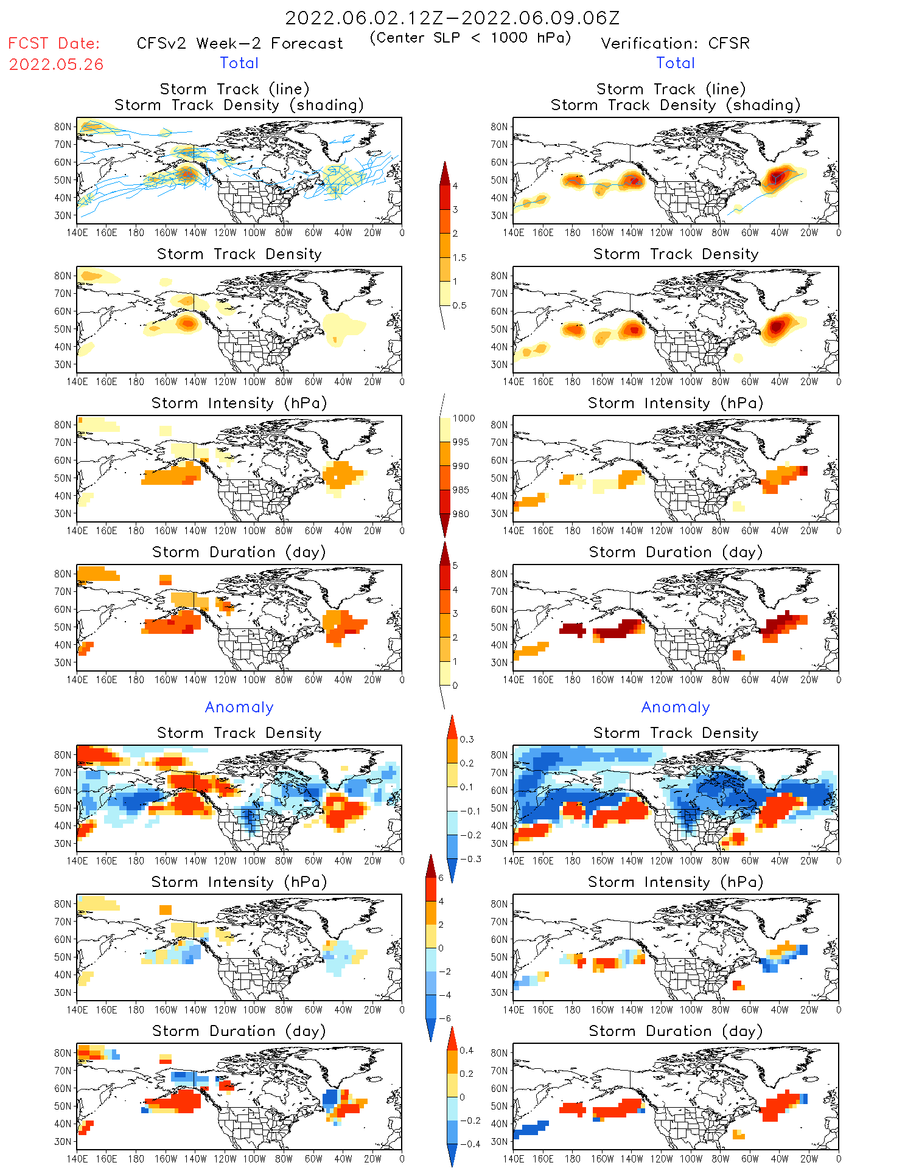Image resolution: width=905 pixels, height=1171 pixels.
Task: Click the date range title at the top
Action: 452,18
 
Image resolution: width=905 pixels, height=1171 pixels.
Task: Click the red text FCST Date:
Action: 54,44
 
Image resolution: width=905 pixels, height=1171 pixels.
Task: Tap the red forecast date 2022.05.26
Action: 56,64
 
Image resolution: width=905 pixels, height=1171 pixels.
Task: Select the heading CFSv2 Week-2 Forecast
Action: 240,44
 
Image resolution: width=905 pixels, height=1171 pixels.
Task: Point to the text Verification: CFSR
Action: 675,44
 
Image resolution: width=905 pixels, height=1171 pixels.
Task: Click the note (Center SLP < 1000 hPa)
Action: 470,38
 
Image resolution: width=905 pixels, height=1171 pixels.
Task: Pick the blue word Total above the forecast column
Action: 239,63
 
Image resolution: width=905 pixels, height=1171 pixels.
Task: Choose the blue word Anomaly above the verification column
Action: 676,707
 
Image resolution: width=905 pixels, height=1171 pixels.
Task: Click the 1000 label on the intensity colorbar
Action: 464,419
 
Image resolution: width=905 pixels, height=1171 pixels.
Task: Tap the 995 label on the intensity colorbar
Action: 461,442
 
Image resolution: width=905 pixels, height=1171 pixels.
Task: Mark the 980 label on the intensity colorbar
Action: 461,514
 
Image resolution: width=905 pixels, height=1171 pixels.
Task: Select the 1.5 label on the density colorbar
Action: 459,258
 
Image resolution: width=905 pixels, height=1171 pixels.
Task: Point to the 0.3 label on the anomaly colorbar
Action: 467,740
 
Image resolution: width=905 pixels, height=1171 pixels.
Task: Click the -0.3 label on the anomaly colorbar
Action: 470,860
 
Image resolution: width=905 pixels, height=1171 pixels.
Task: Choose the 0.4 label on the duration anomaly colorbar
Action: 467,1051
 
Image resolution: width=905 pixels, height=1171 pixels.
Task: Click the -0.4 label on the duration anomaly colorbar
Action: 470,1144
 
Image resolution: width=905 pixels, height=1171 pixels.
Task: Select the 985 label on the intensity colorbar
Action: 461,490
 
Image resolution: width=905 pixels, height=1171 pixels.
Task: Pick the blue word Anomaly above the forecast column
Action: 239,707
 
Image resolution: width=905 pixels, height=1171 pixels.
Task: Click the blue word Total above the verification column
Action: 676,63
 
